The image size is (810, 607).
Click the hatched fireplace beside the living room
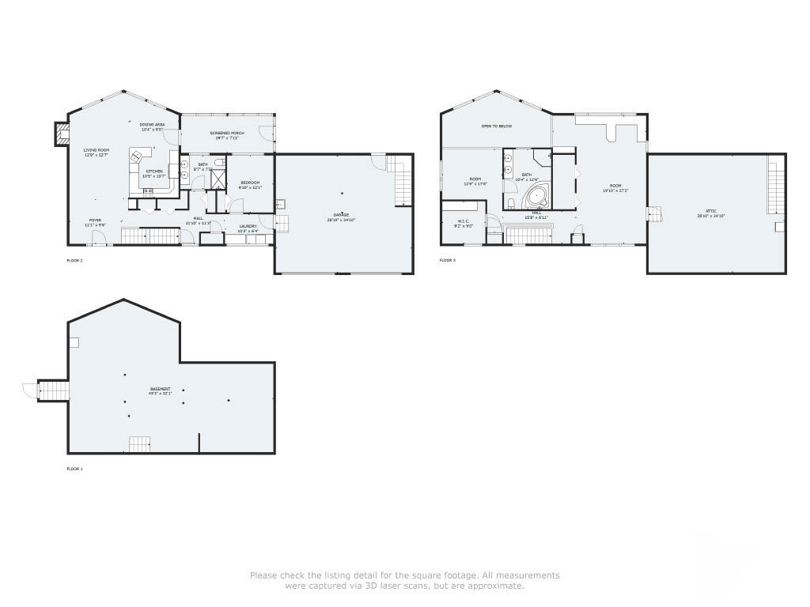[61, 134]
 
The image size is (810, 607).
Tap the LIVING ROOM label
[97, 150]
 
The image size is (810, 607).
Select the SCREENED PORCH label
[226, 133]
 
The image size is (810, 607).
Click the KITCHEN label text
[153, 172]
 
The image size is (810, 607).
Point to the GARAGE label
[342, 215]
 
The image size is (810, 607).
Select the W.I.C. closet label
[464, 221]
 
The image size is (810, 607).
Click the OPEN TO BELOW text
[497, 126]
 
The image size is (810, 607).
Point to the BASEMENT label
[161, 389]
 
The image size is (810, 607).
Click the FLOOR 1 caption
[74, 469]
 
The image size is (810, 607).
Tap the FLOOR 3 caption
[448, 260]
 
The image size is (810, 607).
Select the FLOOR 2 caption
[74, 260]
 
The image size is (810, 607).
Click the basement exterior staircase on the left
[54, 390]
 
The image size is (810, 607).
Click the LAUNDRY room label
[248, 226]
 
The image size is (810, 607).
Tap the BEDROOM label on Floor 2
[250, 183]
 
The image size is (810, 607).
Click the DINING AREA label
[152, 125]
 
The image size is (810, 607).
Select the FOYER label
[95, 221]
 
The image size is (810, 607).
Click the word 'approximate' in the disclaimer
[498, 586]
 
